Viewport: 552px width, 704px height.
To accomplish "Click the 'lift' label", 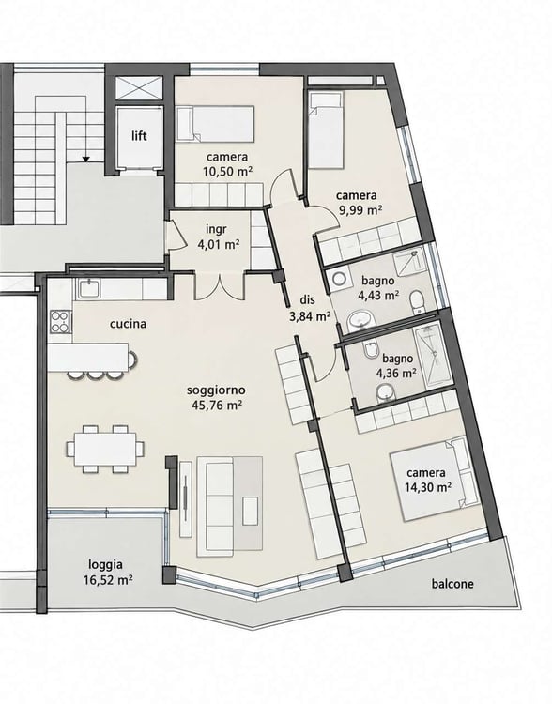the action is click(x=139, y=135).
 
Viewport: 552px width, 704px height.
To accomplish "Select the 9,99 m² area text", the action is click(x=360, y=209).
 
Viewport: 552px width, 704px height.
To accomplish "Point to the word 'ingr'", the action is click(x=217, y=229).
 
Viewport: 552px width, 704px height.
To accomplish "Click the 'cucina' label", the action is click(x=128, y=324).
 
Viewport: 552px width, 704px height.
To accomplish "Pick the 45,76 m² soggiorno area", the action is click(x=217, y=405).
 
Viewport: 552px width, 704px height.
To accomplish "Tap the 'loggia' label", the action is click(x=105, y=565).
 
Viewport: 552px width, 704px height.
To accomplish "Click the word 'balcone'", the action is click(x=452, y=584).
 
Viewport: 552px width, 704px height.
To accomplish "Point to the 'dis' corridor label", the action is click(x=309, y=300).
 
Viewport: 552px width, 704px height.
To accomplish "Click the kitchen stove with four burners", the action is click(x=61, y=321).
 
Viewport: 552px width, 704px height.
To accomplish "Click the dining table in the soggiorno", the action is click(x=105, y=449).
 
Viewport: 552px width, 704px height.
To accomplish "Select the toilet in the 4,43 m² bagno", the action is click(x=417, y=300).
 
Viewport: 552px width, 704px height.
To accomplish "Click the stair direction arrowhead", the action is click(x=85, y=159).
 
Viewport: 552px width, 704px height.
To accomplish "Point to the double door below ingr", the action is click(x=220, y=286).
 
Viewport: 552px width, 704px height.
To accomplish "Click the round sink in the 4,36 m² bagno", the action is click(x=385, y=391).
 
